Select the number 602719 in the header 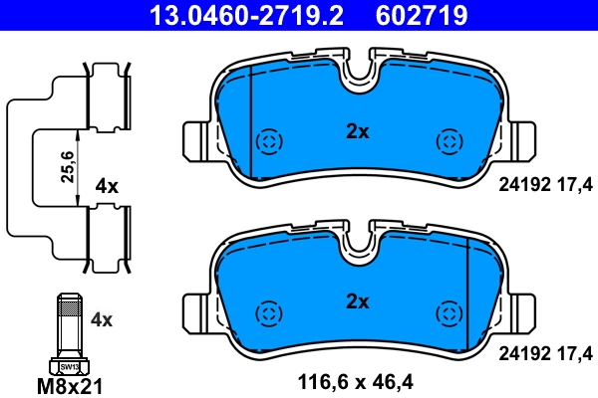[422, 15]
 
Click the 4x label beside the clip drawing [107, 186]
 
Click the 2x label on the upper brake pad [357, 131]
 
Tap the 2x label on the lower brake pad [357, 300]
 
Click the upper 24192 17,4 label [545, 182]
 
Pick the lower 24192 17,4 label [545, 351]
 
